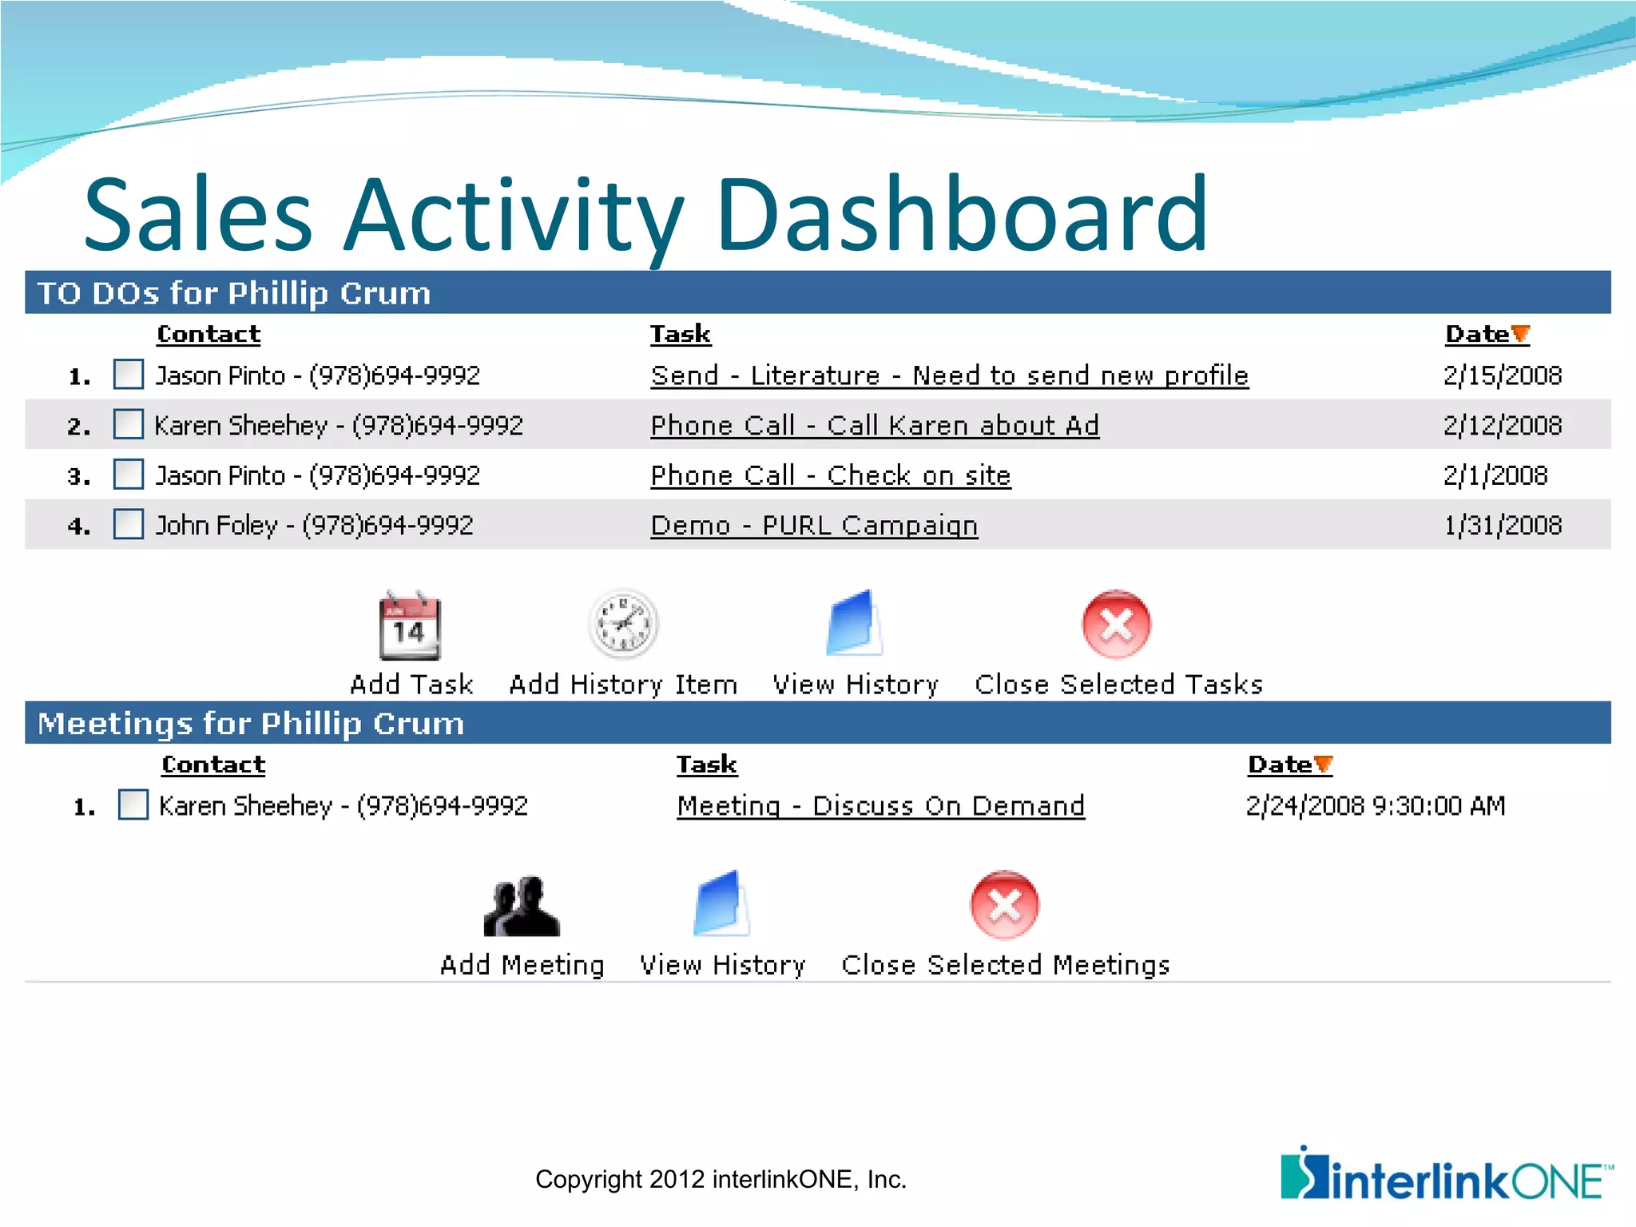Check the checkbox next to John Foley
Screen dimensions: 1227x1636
129,525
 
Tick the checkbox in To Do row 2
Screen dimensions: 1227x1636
129,424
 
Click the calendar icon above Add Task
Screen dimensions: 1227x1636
410,625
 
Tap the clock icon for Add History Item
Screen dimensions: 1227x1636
623,625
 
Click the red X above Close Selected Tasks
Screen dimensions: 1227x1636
1116,625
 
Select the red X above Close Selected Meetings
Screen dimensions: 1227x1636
1004,905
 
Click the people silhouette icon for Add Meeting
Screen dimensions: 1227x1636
522,907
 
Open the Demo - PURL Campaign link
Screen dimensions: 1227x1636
813,526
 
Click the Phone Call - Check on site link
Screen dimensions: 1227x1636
830,475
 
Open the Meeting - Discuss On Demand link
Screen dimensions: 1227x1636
880,805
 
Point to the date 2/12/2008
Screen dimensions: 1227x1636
1502,425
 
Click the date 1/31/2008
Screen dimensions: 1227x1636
1502,525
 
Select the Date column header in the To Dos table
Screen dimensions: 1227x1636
1477,334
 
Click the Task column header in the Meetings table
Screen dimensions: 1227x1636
706,764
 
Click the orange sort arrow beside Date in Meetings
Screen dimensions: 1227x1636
1324,764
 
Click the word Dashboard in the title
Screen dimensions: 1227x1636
962,214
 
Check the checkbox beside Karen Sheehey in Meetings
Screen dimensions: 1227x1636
133,804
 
